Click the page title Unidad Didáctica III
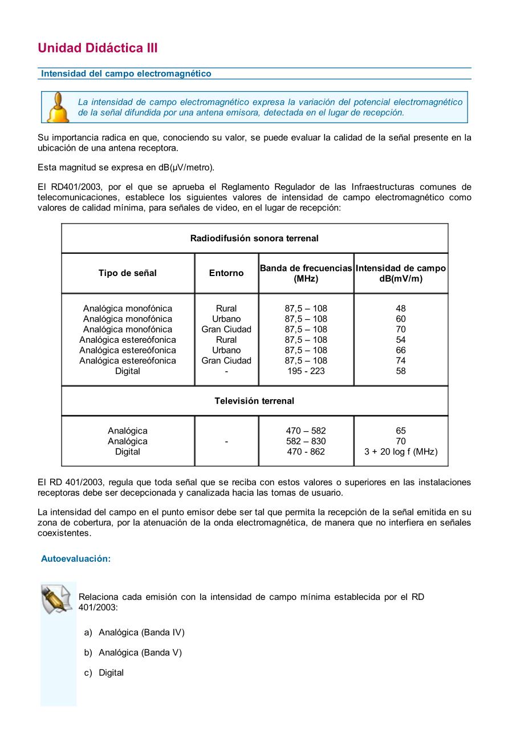point(97,48)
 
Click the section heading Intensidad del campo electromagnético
point(126,74)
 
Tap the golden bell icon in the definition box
point(58,107)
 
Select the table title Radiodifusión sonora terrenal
point(254,238)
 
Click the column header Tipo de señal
point(127,273)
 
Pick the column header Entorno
point(226,273)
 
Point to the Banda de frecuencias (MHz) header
point(306,273)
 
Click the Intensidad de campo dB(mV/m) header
point(401,273)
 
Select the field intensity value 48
point(401,309)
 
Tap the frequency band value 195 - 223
point(306,371)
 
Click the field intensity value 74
point(401,360)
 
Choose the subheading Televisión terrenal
point(254,401)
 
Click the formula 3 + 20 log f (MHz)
point(401,452)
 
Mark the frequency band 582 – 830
point(306,441)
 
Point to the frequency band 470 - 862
point(306,452)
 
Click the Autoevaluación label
point(76,559)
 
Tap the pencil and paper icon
point(57,599)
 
